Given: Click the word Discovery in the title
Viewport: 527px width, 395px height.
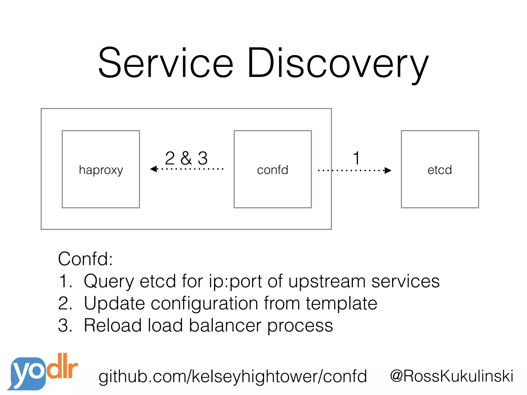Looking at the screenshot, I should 338,64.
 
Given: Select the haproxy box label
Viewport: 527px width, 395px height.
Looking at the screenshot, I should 101,170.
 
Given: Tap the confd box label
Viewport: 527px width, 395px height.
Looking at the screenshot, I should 273,170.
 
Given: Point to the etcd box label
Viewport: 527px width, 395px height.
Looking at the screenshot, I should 440,170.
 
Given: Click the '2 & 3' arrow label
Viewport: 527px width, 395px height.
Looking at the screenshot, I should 186,158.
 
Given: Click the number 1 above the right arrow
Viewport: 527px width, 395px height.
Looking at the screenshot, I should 356,158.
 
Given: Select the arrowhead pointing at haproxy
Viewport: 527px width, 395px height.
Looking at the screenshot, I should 154,169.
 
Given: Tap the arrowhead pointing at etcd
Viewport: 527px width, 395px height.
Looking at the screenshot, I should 388,170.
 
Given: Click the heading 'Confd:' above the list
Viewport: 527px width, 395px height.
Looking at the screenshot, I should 85,259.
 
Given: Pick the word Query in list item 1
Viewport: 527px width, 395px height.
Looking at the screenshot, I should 109,282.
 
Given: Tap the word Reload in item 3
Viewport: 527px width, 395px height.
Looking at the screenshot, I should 113,326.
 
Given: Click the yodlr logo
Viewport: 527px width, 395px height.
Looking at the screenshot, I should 42,372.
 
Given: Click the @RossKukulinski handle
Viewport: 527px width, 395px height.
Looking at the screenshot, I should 451,376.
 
